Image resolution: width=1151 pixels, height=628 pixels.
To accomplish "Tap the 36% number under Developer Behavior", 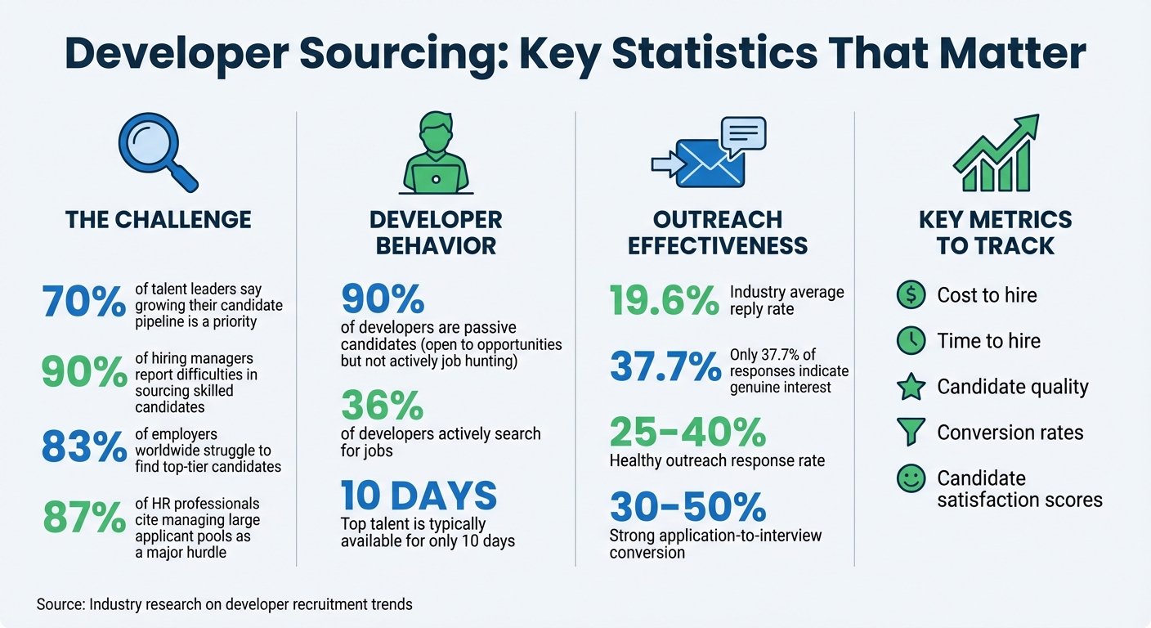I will pos(382,406).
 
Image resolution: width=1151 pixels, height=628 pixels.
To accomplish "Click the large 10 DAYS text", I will pos(419,496).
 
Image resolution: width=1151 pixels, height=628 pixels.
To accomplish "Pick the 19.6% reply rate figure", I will pos(664,301).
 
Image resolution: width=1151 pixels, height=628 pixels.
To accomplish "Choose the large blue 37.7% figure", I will pos(664,367).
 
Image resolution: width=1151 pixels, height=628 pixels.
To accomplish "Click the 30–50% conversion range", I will pos(687,508).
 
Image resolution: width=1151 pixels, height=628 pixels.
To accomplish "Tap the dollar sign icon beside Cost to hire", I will pos(911,295).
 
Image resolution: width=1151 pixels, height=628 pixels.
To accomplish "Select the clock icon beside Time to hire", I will pos(911,341).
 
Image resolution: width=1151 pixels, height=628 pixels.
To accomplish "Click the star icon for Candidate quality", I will pos(911,387).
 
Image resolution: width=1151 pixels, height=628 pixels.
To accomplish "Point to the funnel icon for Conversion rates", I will pos(911,432).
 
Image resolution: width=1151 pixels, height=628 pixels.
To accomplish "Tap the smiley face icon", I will pos(911,478).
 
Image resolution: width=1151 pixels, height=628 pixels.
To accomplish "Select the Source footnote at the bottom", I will pos(224,605).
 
